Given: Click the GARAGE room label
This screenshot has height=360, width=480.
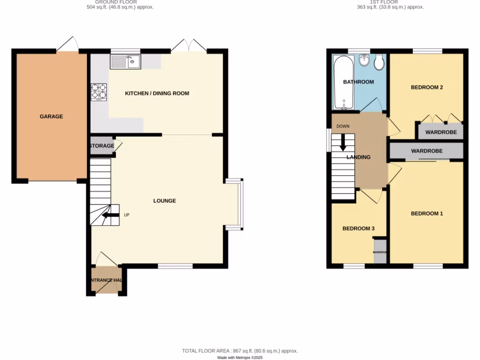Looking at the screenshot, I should coord(51,116).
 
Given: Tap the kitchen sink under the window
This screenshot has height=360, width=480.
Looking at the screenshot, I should coord(125,61).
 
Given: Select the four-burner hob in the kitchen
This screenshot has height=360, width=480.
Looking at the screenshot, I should coord(99,92).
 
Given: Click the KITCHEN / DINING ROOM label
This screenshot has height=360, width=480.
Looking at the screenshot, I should coord(157,93).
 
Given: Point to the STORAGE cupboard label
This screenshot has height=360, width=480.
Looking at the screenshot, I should coord(102,146).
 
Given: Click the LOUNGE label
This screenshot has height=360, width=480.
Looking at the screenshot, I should coord(165,201).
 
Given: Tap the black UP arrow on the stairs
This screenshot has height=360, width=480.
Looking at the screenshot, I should coord(110,215).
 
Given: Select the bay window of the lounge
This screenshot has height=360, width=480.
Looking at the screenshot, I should coord(240,204).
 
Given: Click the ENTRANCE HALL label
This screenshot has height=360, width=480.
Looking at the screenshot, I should coord(106,280).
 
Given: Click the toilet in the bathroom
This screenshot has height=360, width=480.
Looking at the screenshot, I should coord(379,61).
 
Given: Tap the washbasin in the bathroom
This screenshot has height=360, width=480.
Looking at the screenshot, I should coord(364,60).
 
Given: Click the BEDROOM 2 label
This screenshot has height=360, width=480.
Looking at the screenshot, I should coord(427,87).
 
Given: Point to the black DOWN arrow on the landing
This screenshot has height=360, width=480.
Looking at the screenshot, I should coord(343,142).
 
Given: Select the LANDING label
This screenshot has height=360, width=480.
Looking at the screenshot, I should coord(359,157).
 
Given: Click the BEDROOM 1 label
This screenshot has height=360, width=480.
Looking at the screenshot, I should coord(427,213).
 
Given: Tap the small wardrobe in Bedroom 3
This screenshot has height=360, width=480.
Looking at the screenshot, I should coord(380,252).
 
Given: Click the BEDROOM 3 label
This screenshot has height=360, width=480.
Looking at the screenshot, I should coord(359,228).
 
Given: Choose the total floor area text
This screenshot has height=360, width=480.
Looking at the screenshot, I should coord(240,351).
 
